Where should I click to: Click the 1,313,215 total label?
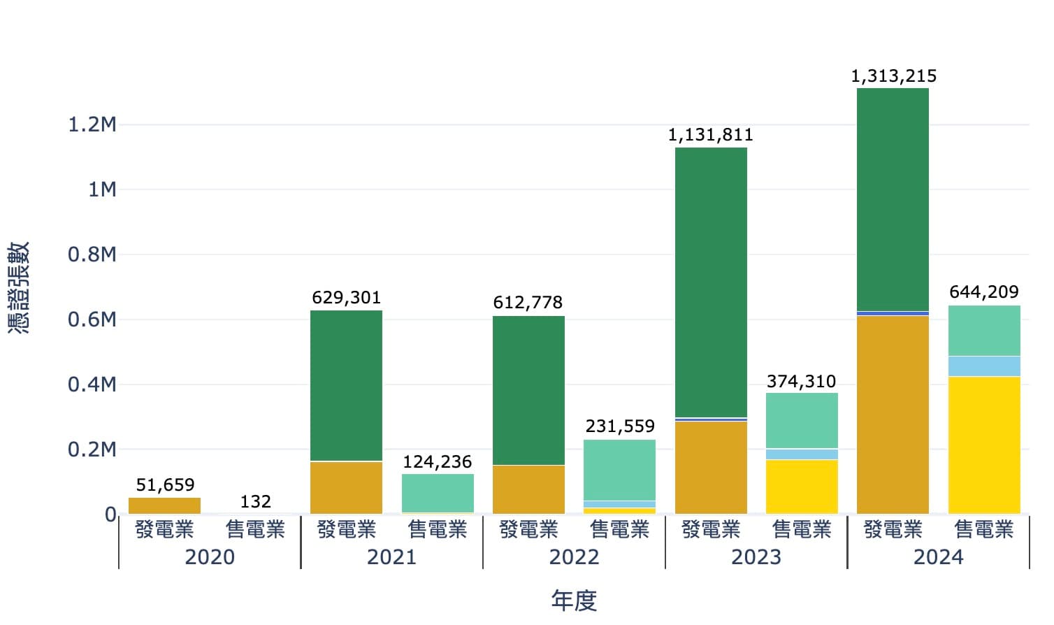(x=893, y=76)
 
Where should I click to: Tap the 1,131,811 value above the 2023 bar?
(x=710, y=135)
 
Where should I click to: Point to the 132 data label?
(x=255, y=502)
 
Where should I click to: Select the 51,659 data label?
(x=165, y=485)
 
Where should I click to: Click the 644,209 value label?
(x=983, y=292)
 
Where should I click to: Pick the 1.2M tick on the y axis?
(x=92, y=125)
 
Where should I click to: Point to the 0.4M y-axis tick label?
(x=92, y=385)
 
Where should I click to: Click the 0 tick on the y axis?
(x=110, y=515)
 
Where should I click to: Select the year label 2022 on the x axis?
(x=574, y=557)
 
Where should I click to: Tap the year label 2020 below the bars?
(x=210, y=557)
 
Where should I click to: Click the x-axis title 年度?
(x=574, y=600)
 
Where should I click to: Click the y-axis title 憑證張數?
(x=19, y=287)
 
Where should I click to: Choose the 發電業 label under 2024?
(x=893, y=530)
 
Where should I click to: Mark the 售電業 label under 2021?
(x=438, y=530)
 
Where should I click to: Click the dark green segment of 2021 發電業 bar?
(x=346, y=385)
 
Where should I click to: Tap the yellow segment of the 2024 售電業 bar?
(x=983, y=445)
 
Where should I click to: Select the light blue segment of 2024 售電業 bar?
(x=983, y=366)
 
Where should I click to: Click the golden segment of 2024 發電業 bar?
(x=893, y=415)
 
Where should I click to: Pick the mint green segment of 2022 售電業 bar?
(x=619, y=470)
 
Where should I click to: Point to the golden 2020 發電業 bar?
(x=165, y=505)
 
